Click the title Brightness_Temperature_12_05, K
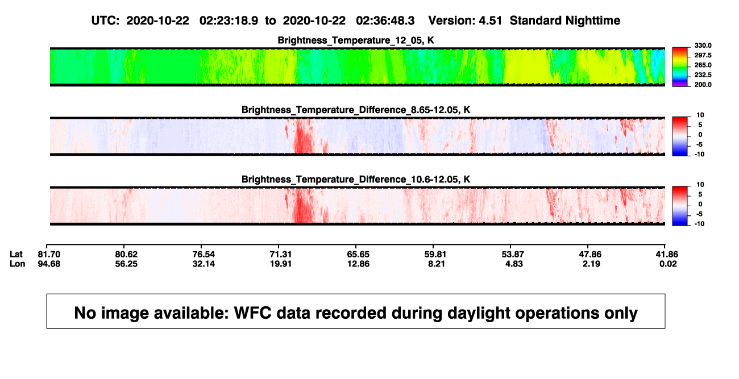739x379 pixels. [x=356, y=40]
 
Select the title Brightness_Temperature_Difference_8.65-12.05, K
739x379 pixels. [x=356, y=110]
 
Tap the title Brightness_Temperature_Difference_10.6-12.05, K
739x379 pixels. [x=356, y=180]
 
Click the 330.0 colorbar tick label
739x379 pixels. [x=703, y=45]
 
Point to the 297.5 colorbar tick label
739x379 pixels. [x=703, y=55]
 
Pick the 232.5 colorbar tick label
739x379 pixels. [x=703, y=75]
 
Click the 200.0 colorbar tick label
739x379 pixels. [x=703, y=85]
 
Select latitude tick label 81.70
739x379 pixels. [x=49, y=255]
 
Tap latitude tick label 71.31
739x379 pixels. [x=281, y=255]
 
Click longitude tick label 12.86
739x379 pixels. [x=358, y=264]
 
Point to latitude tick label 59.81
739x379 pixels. [x=435, y=255]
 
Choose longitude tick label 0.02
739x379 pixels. [x=668, y=264]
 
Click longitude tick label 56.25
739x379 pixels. [x=126, y=264]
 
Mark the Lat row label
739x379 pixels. [x=16, y=255]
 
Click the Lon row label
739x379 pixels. [x=18, y=264]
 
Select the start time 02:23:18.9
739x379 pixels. [x=229, y=20]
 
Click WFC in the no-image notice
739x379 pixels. [x=252, y=313]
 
